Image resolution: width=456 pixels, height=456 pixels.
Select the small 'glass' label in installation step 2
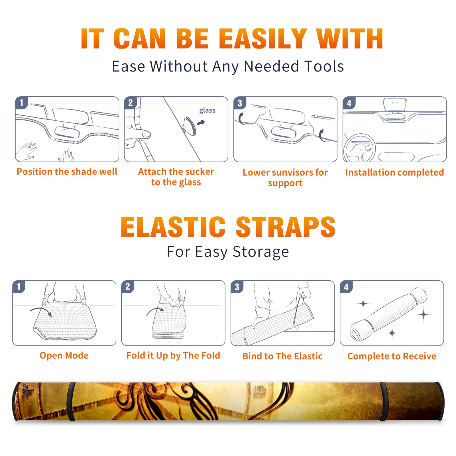[x=207, y=111]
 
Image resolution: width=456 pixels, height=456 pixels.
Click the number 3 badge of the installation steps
[x=240, y=103]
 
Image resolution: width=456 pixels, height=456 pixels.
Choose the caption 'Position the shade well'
[x=67, y=172]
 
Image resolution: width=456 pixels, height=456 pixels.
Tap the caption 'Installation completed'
[x=394, y=172]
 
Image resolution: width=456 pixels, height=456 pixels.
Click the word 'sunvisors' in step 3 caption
[x=288, y=172]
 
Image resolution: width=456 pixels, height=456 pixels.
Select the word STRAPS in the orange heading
[x=286, y=227]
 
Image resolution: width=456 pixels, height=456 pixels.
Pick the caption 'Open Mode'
[x=64, y=355]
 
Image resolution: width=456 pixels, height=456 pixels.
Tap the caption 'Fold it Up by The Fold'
[x=173, y=356]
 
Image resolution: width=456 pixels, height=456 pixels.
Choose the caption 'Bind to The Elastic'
[x=282, y=356]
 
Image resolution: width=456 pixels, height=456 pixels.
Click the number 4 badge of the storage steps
[x=346, y=287]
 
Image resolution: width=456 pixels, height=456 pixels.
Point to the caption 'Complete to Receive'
[x=392, y=356]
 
